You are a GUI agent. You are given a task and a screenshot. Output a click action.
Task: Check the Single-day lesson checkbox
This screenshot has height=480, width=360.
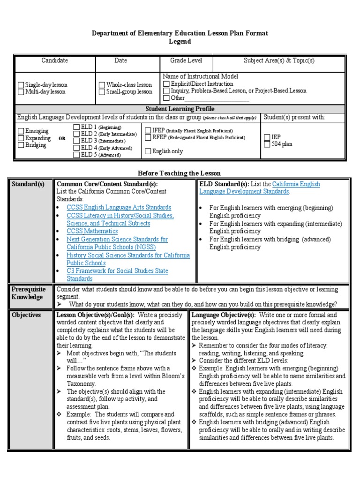(x=21, y=85)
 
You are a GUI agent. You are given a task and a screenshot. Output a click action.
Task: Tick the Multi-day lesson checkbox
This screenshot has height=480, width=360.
(x=21, y=92)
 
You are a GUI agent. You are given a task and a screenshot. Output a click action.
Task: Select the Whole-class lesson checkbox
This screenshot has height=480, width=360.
(x=102, y=85)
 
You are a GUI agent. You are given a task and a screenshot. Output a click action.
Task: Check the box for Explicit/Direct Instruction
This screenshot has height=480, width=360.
(x=166, y=84)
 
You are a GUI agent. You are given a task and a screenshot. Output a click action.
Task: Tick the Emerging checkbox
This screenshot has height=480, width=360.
(x=21, y=131)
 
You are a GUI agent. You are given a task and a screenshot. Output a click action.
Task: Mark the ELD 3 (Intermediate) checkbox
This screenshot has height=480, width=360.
(x=76, y=141)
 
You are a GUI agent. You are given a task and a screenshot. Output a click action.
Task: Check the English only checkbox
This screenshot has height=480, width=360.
(x=148, y=151)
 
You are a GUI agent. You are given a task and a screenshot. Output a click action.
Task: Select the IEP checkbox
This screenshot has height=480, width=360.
(x=266, y=137)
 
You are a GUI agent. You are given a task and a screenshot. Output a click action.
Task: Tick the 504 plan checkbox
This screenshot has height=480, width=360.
(x=266, y=144)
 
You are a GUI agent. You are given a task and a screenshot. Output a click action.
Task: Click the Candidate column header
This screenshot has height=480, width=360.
(x=54, y=60)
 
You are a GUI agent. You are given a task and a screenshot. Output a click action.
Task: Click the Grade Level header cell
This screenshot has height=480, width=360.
(x=186, y=60)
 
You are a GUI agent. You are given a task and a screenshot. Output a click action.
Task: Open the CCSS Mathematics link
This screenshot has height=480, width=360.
(x=92, y=231)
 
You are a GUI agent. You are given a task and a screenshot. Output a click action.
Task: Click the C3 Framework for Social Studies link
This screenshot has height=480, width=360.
(x=117, y=271)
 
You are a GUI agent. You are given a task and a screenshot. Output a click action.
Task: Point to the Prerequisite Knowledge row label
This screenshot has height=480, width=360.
(x=27, y=293)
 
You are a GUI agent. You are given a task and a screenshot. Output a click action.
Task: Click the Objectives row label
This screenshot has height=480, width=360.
(x=26, y=315)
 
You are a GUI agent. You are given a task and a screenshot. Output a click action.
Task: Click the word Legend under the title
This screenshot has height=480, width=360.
(x=180, y=42)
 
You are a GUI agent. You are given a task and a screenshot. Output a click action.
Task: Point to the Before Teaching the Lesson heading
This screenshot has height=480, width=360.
(x=179, y=173)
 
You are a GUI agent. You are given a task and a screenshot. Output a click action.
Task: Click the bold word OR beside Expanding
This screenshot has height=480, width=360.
(x=62, y=139)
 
